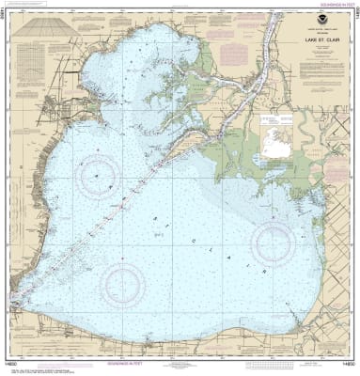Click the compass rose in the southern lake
[123, 281]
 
